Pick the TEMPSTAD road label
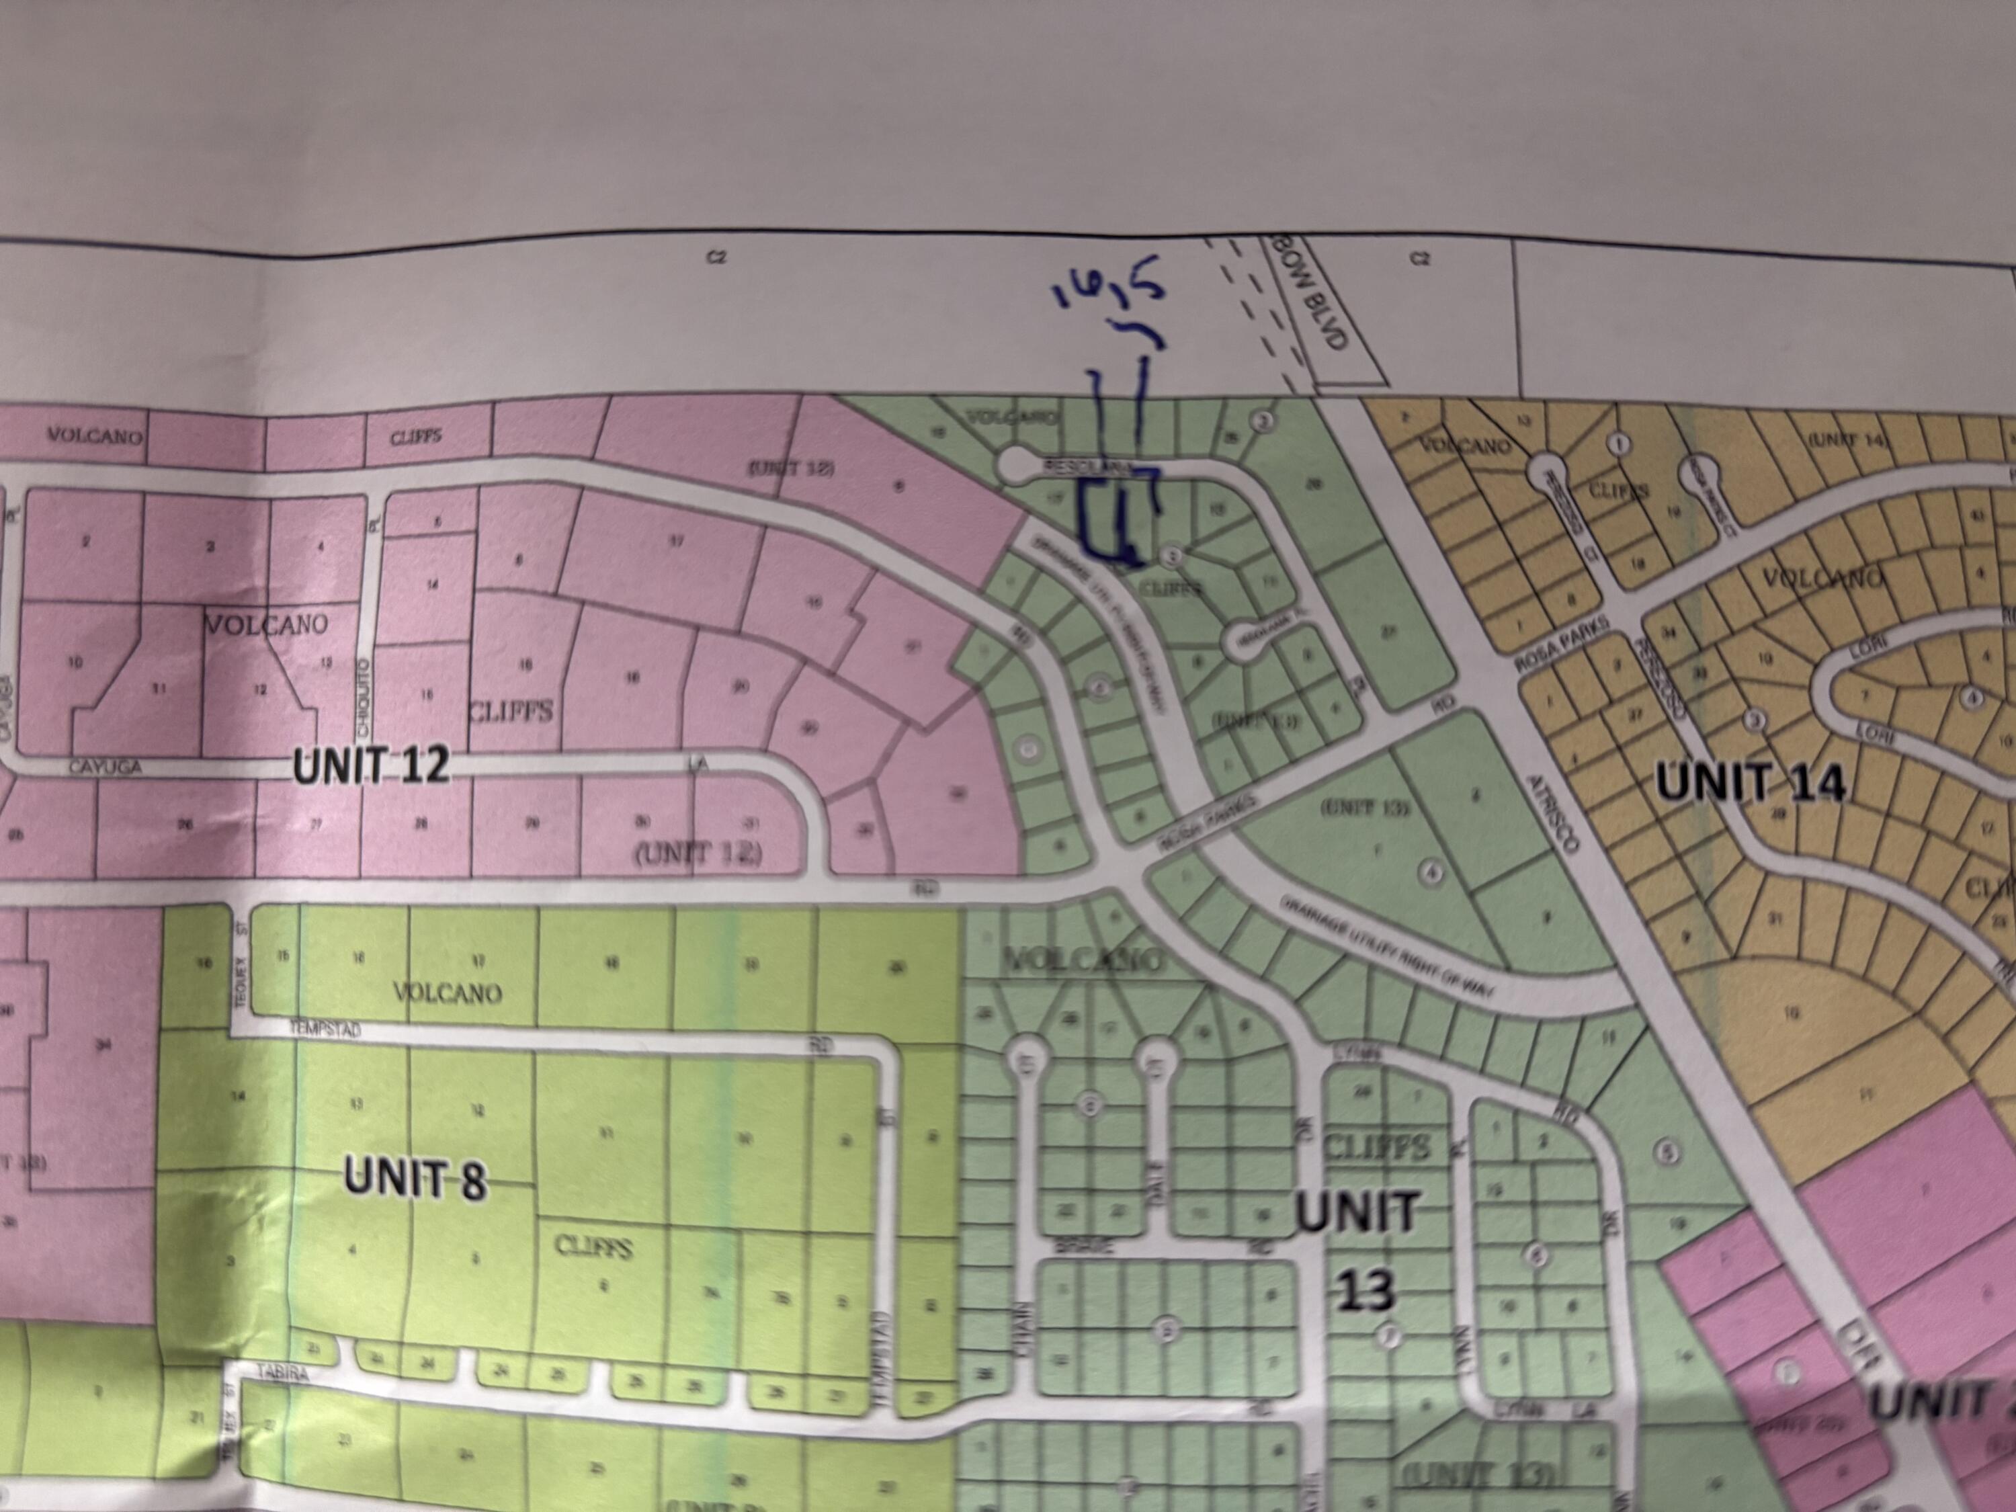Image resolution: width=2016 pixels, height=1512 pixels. coord(325,1031)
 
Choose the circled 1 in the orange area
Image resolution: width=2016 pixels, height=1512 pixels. coord(1620,443)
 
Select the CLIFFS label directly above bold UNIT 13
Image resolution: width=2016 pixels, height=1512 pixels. coord(1376,1146)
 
